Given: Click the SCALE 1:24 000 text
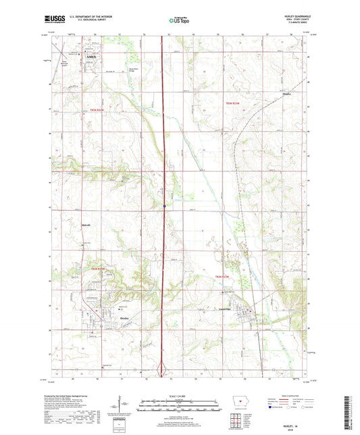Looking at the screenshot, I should (x=180, y=395).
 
